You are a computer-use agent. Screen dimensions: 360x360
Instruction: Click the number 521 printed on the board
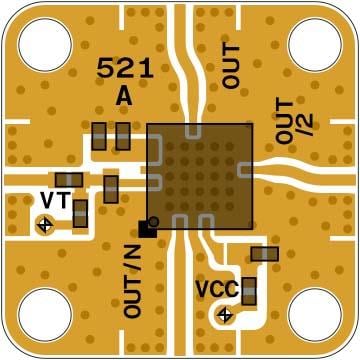click(124, 68)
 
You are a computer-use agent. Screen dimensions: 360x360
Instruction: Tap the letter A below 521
click(124, 96)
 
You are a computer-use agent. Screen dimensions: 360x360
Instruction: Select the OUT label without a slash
click(232, 66)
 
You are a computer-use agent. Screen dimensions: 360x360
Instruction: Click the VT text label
click(54, 200)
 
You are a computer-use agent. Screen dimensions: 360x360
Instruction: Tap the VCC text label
click(216, 289)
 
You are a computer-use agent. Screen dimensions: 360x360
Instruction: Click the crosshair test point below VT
click(44, 226)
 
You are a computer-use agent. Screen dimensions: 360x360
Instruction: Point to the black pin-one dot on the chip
click(154, 221)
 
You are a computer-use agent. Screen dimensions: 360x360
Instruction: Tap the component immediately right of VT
click(80, 213)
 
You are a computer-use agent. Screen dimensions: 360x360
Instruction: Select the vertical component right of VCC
click(249, 291)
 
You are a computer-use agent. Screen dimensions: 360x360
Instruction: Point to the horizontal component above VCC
click(265, 254)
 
